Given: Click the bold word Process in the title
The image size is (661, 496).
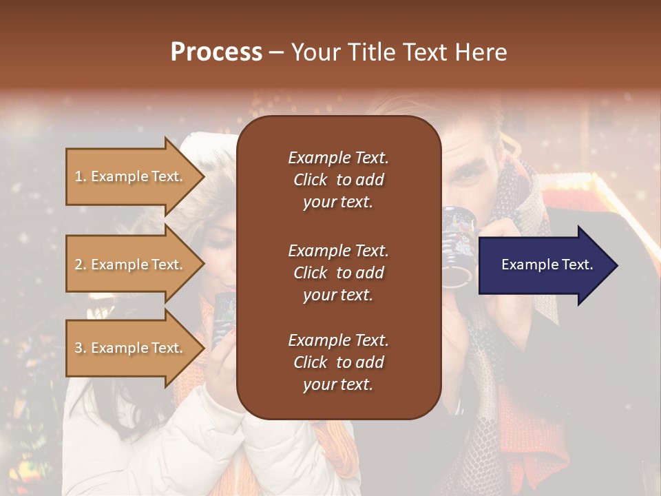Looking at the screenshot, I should tap(216, 52).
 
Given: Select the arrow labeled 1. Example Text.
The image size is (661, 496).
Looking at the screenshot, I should tap(131, 176).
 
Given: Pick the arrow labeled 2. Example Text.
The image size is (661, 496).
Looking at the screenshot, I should tap(131, 265).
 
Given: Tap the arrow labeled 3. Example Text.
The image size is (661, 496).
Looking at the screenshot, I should tap(131, 348).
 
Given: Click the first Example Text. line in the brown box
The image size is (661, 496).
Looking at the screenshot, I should tap(338, 158).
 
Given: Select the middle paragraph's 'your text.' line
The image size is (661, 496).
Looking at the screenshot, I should tap(338, 295).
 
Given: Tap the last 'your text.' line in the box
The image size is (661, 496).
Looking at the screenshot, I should tap(338, 385).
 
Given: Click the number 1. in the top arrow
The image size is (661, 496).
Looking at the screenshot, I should tap(81, 176).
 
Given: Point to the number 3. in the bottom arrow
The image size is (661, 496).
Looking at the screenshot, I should tap(81, 348).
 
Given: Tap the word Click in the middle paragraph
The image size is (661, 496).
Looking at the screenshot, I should tap(310, 273).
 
